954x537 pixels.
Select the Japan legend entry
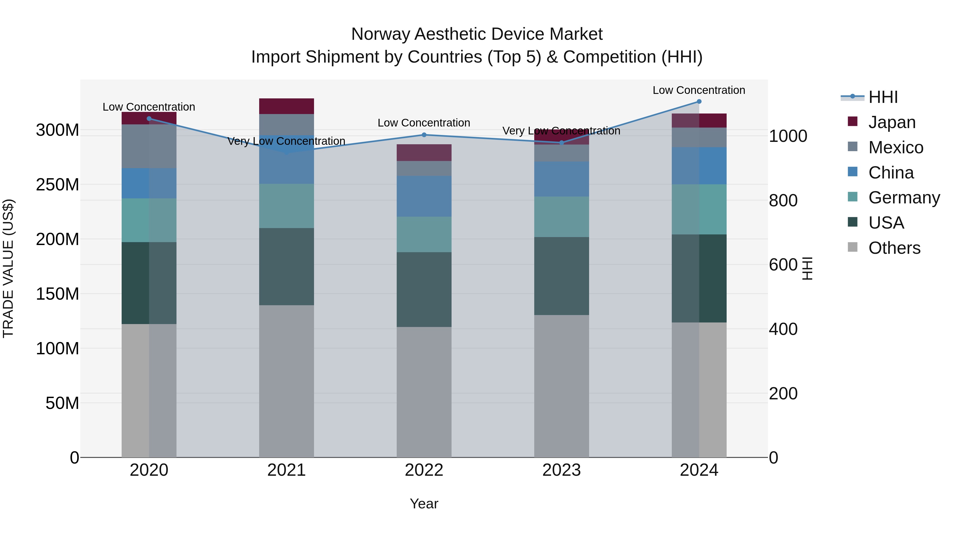(891, 122)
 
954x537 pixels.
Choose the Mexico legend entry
(895, 147)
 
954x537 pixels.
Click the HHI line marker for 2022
(424, 135)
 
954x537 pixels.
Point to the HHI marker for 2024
(699, 102)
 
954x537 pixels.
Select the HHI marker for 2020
(149, 119)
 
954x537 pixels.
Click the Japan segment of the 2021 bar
(286, 106)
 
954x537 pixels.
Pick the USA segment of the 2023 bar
(562, 276)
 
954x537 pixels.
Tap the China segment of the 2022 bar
(424, 197)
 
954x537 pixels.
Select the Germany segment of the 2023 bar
(562, 217)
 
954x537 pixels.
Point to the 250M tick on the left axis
(58, 185)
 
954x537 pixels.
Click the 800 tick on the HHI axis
(783, 200)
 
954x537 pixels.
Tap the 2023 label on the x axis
(562, 470)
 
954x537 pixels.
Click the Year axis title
(424, 504)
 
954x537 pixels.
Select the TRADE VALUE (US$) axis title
(8, 268)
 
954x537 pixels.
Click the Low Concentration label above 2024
(699, 90)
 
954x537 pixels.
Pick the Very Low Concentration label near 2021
(286, 141)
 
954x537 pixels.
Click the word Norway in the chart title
(380, 34)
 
